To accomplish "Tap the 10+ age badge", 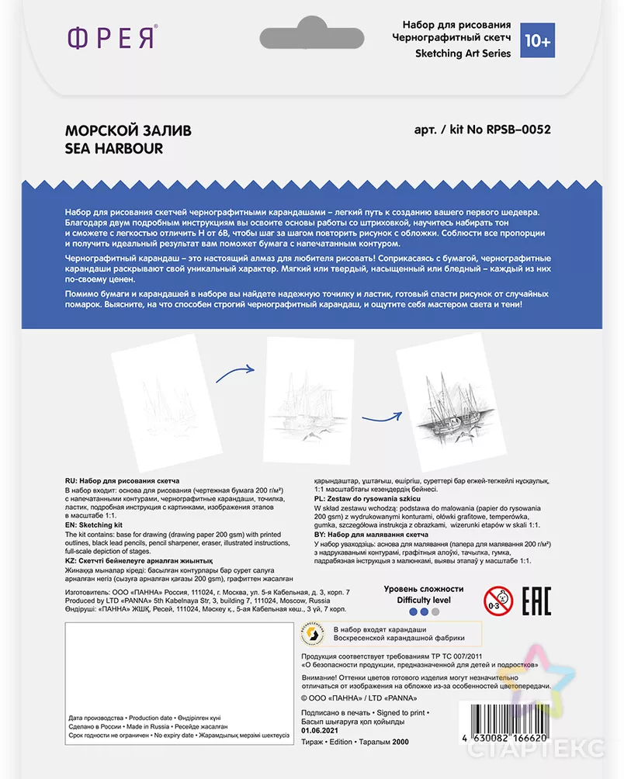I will (536, 39).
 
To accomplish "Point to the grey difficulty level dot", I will (435, 612).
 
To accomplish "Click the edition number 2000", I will (400, 743).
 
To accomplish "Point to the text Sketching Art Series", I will (463, 54).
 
